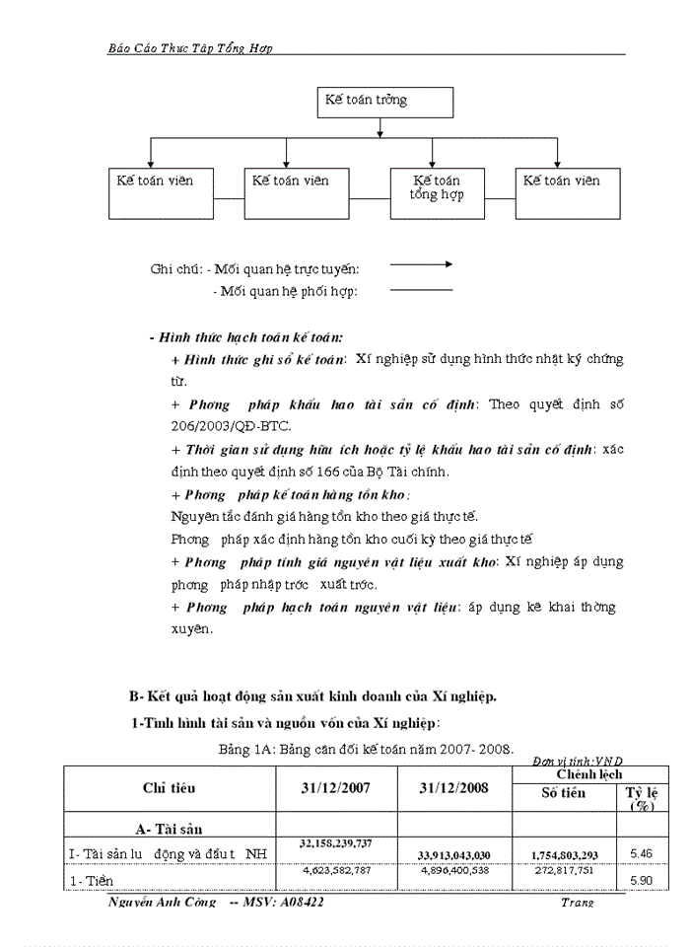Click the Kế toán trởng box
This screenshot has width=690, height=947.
point(385,102)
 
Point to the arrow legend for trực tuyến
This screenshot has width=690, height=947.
point(421,264)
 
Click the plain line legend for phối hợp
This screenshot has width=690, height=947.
point(421,290)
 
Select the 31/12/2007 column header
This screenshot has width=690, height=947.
point(336,788)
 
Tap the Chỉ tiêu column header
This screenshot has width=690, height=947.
point(169,788)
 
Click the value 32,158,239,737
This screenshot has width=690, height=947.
point(336,843)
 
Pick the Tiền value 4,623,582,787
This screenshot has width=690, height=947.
point(336,870)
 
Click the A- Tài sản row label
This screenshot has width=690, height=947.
point(170,829)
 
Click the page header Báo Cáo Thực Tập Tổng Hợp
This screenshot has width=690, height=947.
point(190,46)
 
